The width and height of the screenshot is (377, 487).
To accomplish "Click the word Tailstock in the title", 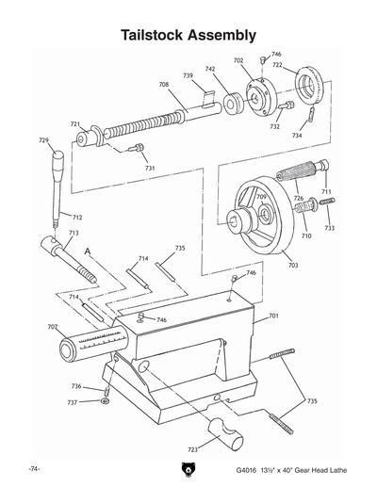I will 156,36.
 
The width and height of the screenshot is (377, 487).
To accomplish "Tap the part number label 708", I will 164,86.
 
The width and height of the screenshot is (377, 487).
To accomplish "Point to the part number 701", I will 274,316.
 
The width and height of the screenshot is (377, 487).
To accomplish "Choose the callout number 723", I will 193,450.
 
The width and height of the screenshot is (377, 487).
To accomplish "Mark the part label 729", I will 43,140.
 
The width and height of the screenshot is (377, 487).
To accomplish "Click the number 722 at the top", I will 278,65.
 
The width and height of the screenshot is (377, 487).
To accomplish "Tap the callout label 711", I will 327,192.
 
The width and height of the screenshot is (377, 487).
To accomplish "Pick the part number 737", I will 72,402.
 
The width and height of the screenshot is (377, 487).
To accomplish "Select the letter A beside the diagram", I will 87,252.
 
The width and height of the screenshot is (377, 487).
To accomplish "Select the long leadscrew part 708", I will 156,124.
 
